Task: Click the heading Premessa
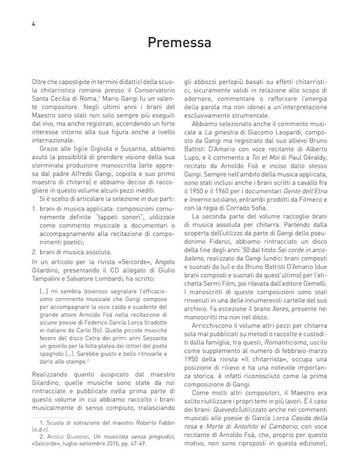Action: [x=180, y=43]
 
